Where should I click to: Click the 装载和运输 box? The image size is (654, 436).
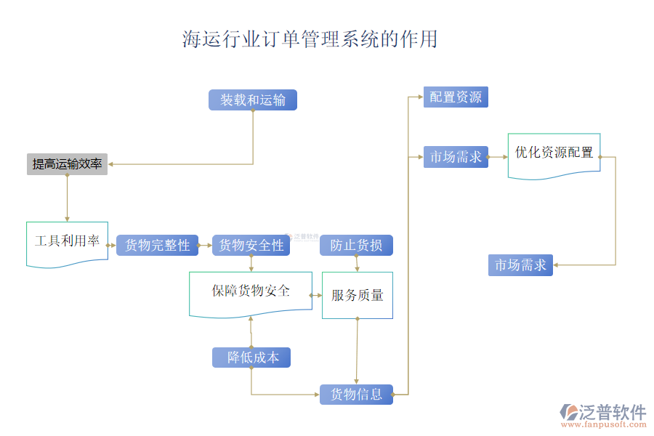pos(253,100)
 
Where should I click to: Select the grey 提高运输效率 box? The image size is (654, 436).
pos(67,164)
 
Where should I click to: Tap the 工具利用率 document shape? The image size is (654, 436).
pos(67,242)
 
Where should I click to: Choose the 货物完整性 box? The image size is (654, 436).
pos(158,246)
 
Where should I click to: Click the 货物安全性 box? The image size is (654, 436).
pos(251,246)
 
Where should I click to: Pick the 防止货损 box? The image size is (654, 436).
pos(356,246)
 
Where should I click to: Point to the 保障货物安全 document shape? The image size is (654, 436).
pos(251,291)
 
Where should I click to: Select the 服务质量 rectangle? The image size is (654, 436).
pos(358,295)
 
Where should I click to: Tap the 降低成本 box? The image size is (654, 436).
pos(251,358)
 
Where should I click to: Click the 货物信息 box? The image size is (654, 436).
pos(356,395)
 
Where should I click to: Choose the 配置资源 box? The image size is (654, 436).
pos(456,97)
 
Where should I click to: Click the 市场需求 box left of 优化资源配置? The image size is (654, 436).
pos(456,156)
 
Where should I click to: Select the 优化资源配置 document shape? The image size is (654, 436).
pos(554,153)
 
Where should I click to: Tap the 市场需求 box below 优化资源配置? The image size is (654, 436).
pos(520,265)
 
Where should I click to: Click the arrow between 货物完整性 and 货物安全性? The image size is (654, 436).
pos(206,246)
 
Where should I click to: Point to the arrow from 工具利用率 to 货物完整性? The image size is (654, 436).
pos(112,246)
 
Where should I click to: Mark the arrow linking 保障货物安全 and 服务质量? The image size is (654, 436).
pos(317,295)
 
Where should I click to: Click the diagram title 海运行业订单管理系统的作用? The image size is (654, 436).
pos(310,39)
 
